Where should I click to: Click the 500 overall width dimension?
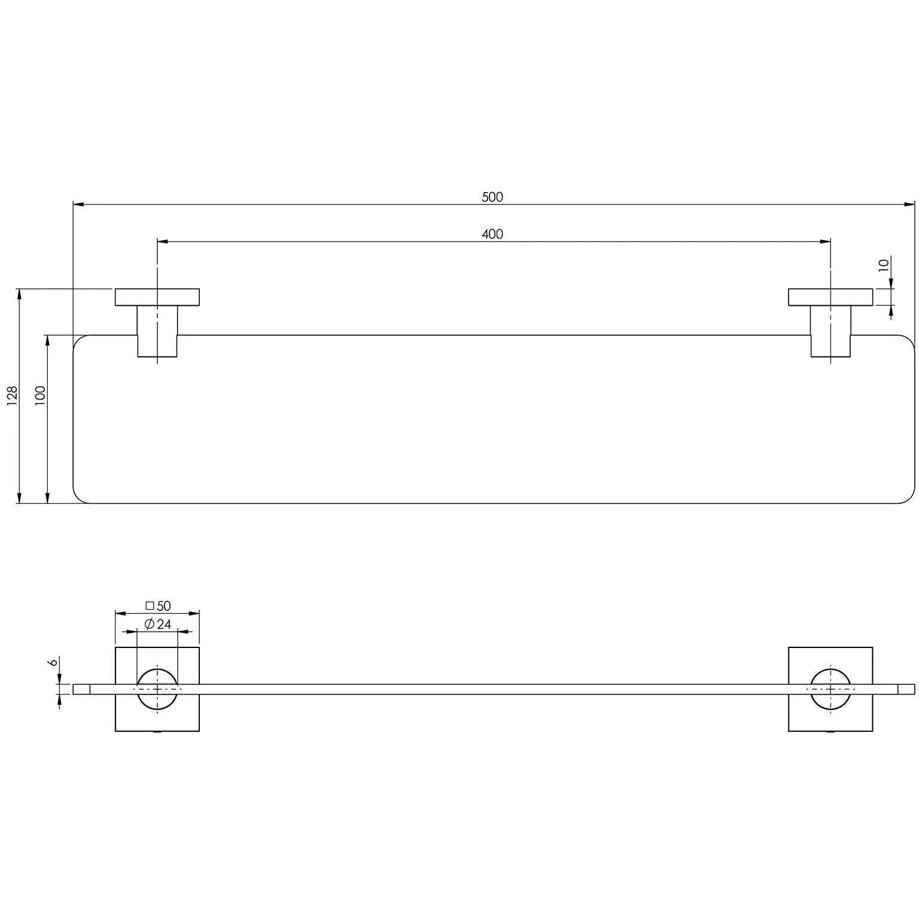492,197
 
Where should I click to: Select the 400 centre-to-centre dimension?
492,234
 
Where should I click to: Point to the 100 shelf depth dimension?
41,395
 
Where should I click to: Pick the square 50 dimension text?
159,606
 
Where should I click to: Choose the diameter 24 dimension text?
158,624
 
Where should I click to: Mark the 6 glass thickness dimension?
53,662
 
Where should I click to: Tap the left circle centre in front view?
157,689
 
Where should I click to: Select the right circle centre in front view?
830,689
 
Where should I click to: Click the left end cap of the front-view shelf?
81,689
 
